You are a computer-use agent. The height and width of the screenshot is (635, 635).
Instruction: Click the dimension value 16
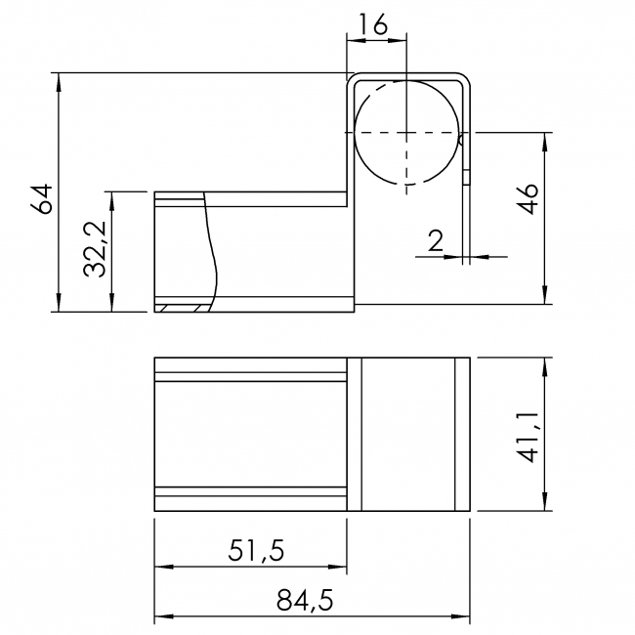376,23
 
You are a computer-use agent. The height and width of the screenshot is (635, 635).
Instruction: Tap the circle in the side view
405,132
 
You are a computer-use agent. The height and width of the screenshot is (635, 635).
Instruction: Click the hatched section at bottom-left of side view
182,309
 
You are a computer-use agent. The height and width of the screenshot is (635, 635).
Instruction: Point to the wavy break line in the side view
209,249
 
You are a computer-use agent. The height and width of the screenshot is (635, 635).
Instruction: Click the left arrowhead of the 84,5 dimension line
162,617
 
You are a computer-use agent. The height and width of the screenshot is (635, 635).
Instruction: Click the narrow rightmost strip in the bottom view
463,435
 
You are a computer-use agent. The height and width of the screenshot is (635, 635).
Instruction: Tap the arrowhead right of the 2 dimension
480,257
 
